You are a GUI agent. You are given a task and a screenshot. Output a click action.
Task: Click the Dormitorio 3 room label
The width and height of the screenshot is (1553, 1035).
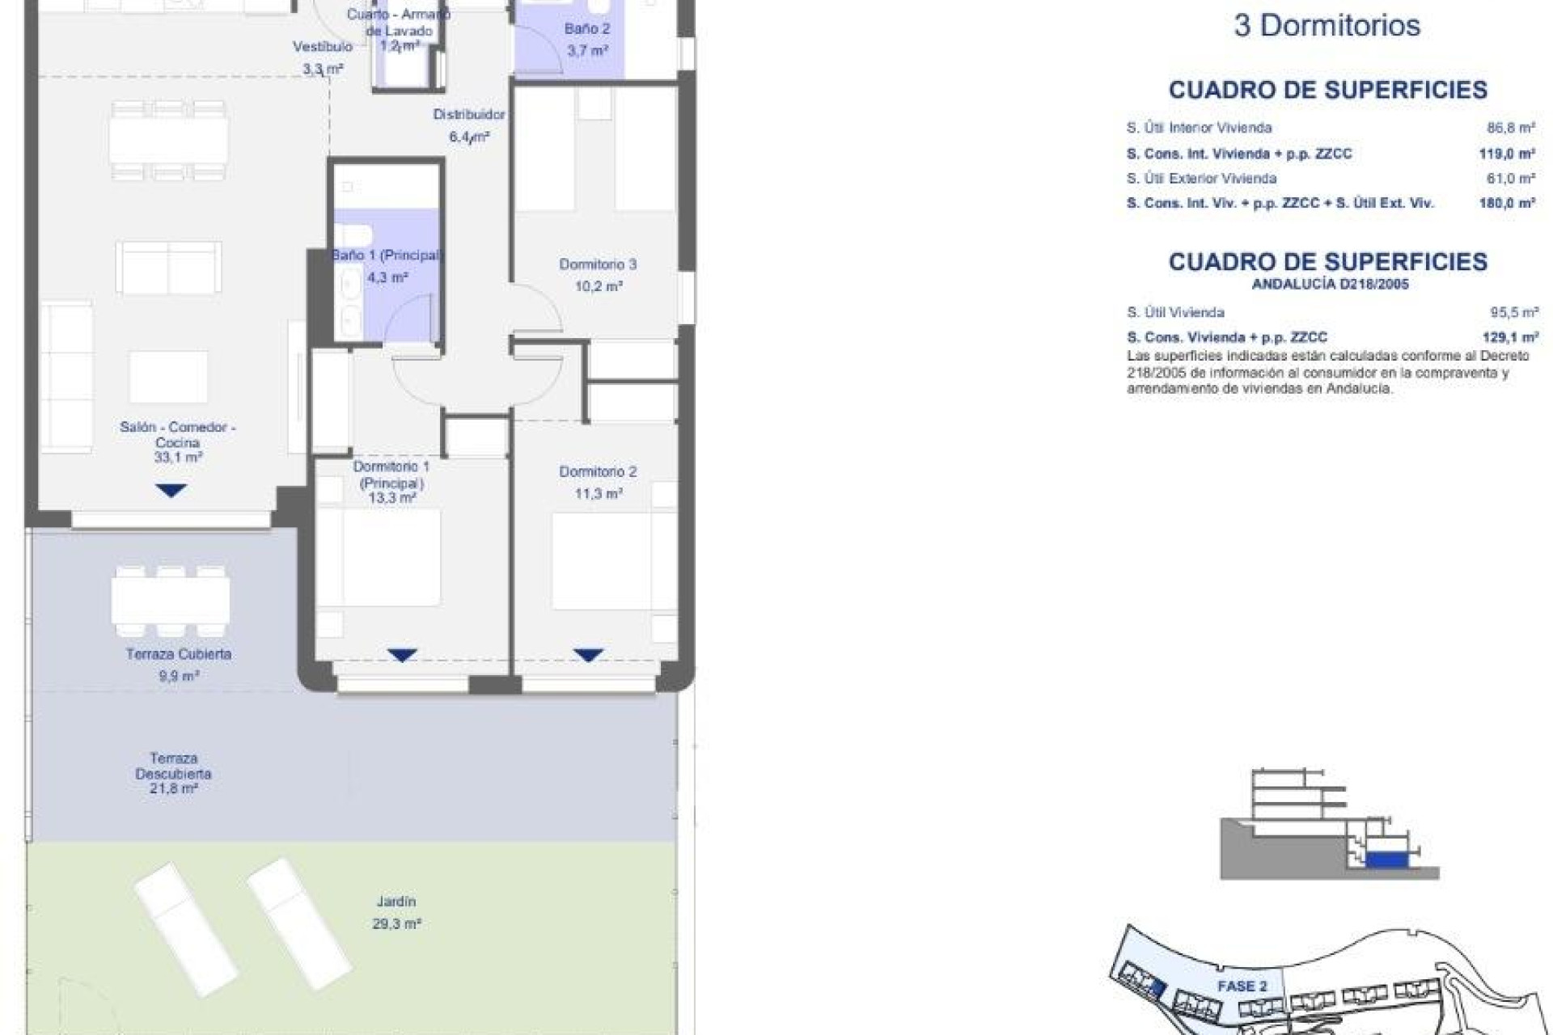click(598, 264)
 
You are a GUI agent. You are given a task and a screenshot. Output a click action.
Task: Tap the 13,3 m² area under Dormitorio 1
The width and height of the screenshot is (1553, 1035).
click(391, 498)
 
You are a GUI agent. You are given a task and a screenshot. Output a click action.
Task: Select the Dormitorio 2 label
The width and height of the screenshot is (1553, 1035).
click(598, 471)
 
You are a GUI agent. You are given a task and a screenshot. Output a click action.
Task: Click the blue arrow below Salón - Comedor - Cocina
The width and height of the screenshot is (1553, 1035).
click(171, 490)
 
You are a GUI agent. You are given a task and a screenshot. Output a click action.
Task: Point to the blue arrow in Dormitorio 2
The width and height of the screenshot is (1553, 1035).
click(588, 655)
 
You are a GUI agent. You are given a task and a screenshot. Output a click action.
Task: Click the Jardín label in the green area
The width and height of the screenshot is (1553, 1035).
click(396, 902)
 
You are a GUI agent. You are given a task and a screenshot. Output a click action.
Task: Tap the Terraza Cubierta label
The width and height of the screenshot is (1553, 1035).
click(178, 654)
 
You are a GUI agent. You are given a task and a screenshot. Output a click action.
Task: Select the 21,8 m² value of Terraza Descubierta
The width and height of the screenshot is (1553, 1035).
click(173, 788)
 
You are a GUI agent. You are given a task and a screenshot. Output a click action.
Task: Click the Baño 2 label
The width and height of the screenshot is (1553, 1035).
click(587, 29)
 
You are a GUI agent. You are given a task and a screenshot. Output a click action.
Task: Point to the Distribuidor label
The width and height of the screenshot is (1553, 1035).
click(469, 115)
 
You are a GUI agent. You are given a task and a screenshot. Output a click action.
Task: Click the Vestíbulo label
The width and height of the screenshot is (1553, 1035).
click(322, 47)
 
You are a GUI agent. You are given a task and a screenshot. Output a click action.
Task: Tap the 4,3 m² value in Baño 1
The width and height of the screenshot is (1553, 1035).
click(387, 277)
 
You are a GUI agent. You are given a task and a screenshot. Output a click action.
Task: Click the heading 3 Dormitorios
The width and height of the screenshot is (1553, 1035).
click(1327, 26)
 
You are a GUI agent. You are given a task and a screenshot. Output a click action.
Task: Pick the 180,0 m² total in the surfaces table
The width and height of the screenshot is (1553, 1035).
click(1506, 204)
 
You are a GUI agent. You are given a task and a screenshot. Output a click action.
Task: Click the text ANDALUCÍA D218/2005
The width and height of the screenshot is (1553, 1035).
click(1330, 285)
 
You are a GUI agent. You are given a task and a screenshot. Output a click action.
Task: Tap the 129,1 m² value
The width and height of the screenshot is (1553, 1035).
click(1509, 337)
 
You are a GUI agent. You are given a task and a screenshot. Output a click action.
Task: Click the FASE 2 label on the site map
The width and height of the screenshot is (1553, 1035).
click(1242, 986)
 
